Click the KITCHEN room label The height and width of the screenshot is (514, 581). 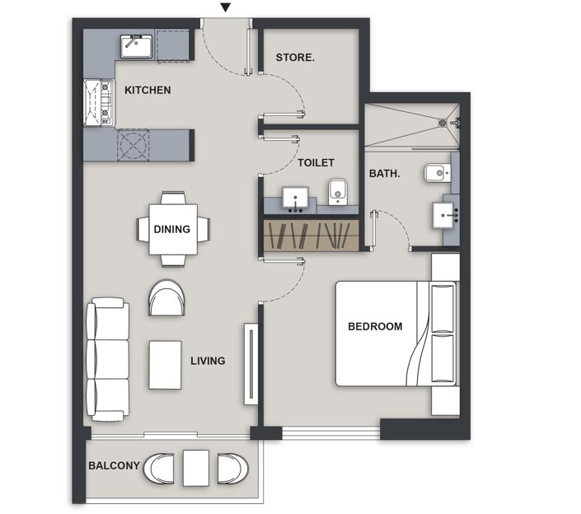(148, 90)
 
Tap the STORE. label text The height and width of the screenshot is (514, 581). (295, 58)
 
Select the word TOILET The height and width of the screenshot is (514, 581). (316, 162)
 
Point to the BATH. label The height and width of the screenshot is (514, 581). (385, 173)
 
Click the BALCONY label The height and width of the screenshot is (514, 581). (114, 465)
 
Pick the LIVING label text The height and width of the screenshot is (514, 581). (208, 361)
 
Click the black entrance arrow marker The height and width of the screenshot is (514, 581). (226, 7)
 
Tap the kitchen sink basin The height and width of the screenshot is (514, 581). (136, 47)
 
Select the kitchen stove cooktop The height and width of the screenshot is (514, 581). (98, 103)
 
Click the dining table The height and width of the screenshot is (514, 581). (173, 229)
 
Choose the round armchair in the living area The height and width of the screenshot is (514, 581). (166, 297)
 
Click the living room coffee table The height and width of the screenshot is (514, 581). (165, 365)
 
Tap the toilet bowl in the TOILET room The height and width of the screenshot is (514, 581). (338, 192)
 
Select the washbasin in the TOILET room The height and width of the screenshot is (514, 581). (295, 198)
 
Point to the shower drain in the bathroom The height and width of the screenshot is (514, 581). (443, 122)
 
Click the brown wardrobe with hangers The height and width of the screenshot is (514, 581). (311, 236)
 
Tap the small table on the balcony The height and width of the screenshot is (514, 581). (196, 468)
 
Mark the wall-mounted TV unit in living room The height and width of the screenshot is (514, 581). (251, 364)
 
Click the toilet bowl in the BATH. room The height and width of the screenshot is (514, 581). (438, 173)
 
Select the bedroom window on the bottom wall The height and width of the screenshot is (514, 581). (331, 432)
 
